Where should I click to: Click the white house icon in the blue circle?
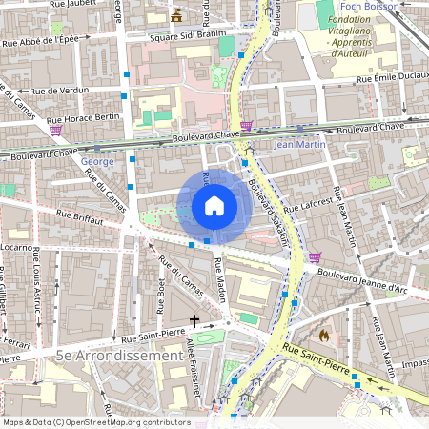(x=214, y=206)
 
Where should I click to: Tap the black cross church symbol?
(x=195, y=321)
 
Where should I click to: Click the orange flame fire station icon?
(x=325, y=336)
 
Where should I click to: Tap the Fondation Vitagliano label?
(x=362, y=30)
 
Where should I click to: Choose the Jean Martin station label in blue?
(x=299, y=145)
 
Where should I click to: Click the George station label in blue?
(x=97, y=161)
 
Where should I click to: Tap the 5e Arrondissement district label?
(x=119, y=354)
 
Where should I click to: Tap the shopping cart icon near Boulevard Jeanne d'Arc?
(x=314, y=257)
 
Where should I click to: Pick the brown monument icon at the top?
(x=175, y=14)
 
